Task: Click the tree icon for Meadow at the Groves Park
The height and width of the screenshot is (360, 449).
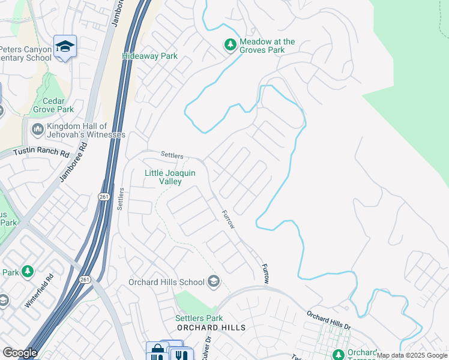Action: pyautogui.click(x=230, y=45)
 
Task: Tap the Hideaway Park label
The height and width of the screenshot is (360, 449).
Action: pyautogui.click(x=149, y=56)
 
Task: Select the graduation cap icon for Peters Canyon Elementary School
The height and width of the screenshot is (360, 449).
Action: pyautogui.click(x=65, y=46)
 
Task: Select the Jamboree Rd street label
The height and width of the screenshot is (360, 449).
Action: pyautogui.click(x=70, y=162)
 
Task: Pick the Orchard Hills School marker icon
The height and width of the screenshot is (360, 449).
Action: pyautogui.click(x=213, y=281)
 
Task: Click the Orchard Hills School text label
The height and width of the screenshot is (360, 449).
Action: pyautogui.click(x=166, y=282)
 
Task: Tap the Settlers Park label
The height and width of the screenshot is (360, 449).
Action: pyautogui.click(x=199, y=318)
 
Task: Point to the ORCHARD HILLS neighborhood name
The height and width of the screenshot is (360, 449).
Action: pyautogui.click(x=211, y=328)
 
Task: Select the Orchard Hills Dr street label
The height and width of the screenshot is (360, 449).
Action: pyautogui.click(x=329, y=319)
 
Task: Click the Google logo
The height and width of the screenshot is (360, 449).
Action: pyautogui.click(x=20, y=352)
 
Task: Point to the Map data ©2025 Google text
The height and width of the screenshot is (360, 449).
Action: pyautogui.click(x=412, y=355)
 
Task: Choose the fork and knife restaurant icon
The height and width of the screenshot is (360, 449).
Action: pyautogui.click(x=179, y=355)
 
